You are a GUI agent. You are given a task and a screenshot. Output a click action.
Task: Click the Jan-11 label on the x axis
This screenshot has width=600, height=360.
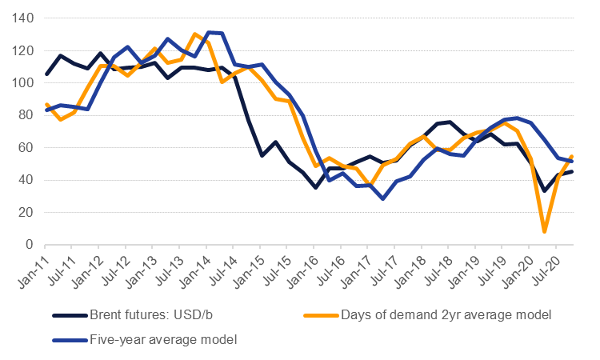click(x=32, y=269)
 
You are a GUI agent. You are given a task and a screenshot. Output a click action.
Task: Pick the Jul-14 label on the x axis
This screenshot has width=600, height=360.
click(x=220, y=269)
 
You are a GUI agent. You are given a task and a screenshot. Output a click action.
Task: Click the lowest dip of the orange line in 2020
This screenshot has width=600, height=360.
click(x=544, y=231)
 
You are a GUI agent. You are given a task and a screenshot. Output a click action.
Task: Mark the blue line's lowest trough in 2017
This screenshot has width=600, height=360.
click(x=383, y=198)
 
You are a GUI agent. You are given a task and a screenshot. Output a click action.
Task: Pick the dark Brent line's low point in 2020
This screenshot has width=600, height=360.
click(x=544, y=190)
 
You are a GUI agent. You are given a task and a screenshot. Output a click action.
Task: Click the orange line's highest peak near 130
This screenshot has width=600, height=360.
click(x=194, y=34)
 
